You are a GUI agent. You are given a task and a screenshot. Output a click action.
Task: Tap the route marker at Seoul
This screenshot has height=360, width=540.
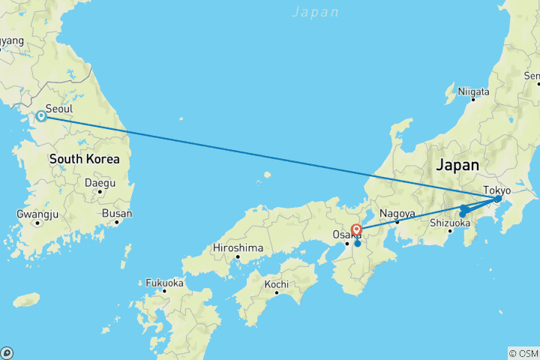(41, 116)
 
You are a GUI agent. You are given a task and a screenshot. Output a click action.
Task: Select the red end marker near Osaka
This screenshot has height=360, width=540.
(357, 229)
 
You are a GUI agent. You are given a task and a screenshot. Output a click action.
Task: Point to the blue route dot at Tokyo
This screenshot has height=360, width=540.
(498, 199)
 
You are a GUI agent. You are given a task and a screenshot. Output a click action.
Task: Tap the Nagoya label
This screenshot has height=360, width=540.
(397, 213)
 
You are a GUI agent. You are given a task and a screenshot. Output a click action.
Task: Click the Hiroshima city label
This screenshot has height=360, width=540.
(238, 247)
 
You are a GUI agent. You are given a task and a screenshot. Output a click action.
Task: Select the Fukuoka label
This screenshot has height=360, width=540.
(164, 283)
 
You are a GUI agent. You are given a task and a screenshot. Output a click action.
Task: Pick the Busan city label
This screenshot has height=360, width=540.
(117, 214)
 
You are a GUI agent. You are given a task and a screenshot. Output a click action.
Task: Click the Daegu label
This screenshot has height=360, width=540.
(100, 182)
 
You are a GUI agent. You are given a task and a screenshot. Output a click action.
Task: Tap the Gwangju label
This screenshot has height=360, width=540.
(37, 214)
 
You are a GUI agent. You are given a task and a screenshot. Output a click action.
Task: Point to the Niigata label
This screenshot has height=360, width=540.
(474, 91)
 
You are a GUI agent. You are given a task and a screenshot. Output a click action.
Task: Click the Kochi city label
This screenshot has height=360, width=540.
(277, 284)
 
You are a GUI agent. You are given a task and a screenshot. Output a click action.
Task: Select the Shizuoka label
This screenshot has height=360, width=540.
(450, 222)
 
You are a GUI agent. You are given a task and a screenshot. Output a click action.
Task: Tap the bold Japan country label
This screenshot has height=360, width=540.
(458, 164)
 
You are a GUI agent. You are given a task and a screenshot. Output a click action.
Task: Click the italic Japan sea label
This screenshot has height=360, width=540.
(315, 12)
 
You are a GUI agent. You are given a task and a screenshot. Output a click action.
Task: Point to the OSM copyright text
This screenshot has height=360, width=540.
(523, 353)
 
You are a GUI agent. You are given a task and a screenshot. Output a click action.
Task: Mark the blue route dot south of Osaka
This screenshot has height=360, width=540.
(358, 243)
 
